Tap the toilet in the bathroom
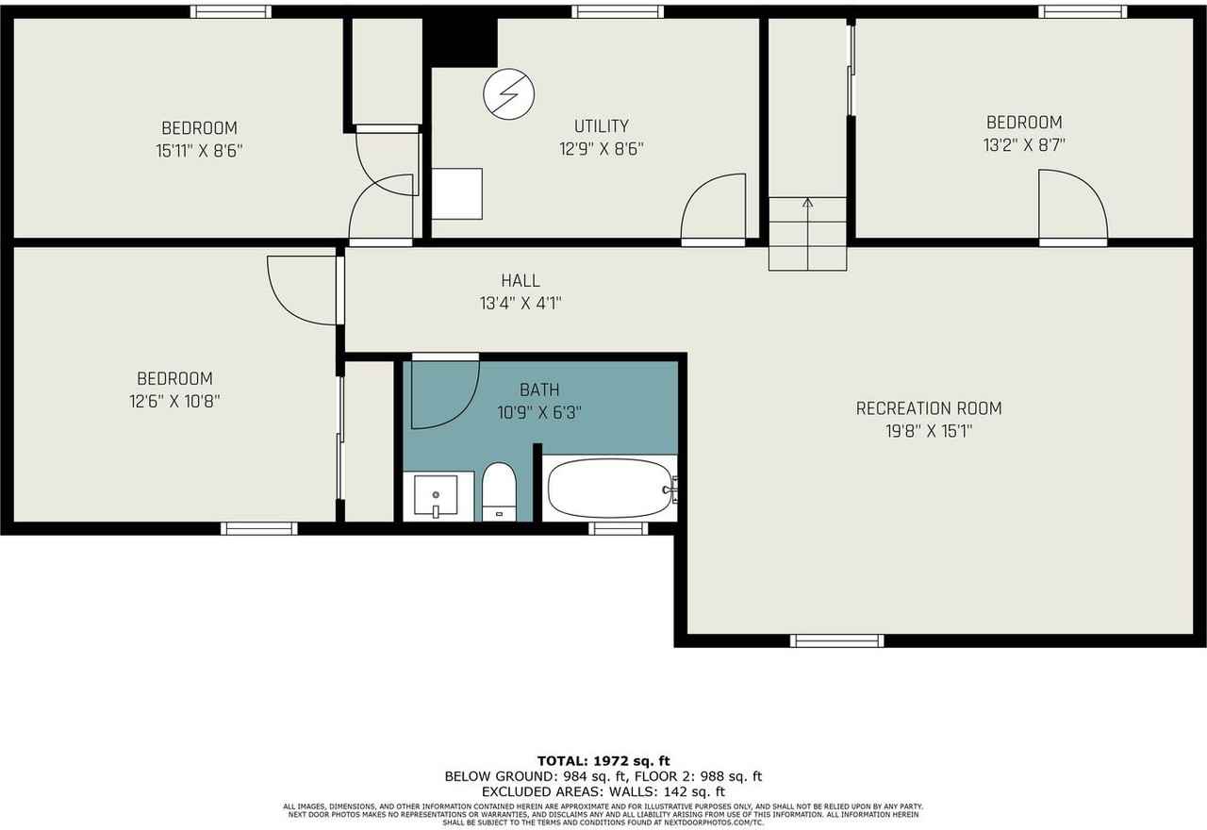(498, 490)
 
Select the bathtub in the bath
(609, 488)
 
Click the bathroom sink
(436, 495)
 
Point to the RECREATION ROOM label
(928, 408)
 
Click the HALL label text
(521, 280)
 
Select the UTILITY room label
(601, 125)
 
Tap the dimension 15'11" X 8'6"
(199, 150)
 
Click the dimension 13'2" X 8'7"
(1024, 145)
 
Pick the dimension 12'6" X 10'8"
(174, 401)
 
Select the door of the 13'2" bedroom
(1072, 206)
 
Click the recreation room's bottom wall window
(836, 640)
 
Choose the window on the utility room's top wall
(618, 11)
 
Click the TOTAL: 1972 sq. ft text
(603, 760)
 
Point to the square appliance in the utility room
(456, 193)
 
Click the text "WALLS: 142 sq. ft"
(677, 791)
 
